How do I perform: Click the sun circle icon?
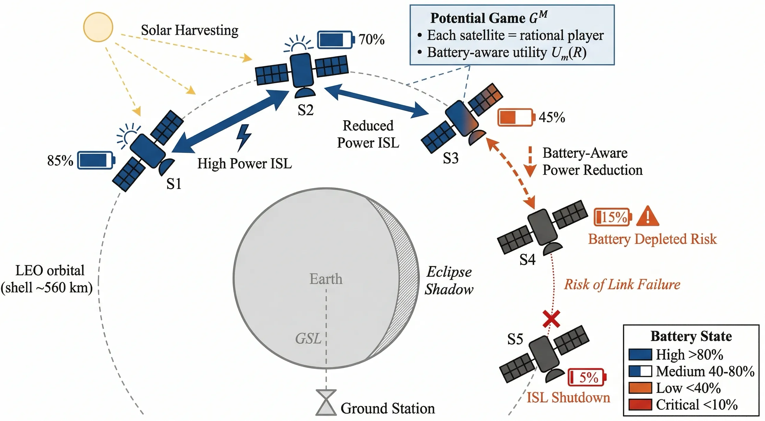(x=98, y=27)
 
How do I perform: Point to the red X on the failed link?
(x=552, y=319)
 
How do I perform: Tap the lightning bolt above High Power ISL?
(x=244, y=137)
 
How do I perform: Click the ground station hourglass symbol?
(x=326, y=402)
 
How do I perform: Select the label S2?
(x=306, y=110)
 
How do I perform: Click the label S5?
(x=515, y=339)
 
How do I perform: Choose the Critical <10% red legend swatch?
(x=640, y=405)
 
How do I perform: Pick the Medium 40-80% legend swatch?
(x=640, y=371)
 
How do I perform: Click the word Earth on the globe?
(x=326, y=279)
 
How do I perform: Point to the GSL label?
(x=308, y=338)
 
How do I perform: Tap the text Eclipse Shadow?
(x=449, y=281)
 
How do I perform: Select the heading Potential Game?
(x=478, y=18)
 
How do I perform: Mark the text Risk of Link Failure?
(x=622, y=284)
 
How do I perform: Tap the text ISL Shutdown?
(x=568, y=397)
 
